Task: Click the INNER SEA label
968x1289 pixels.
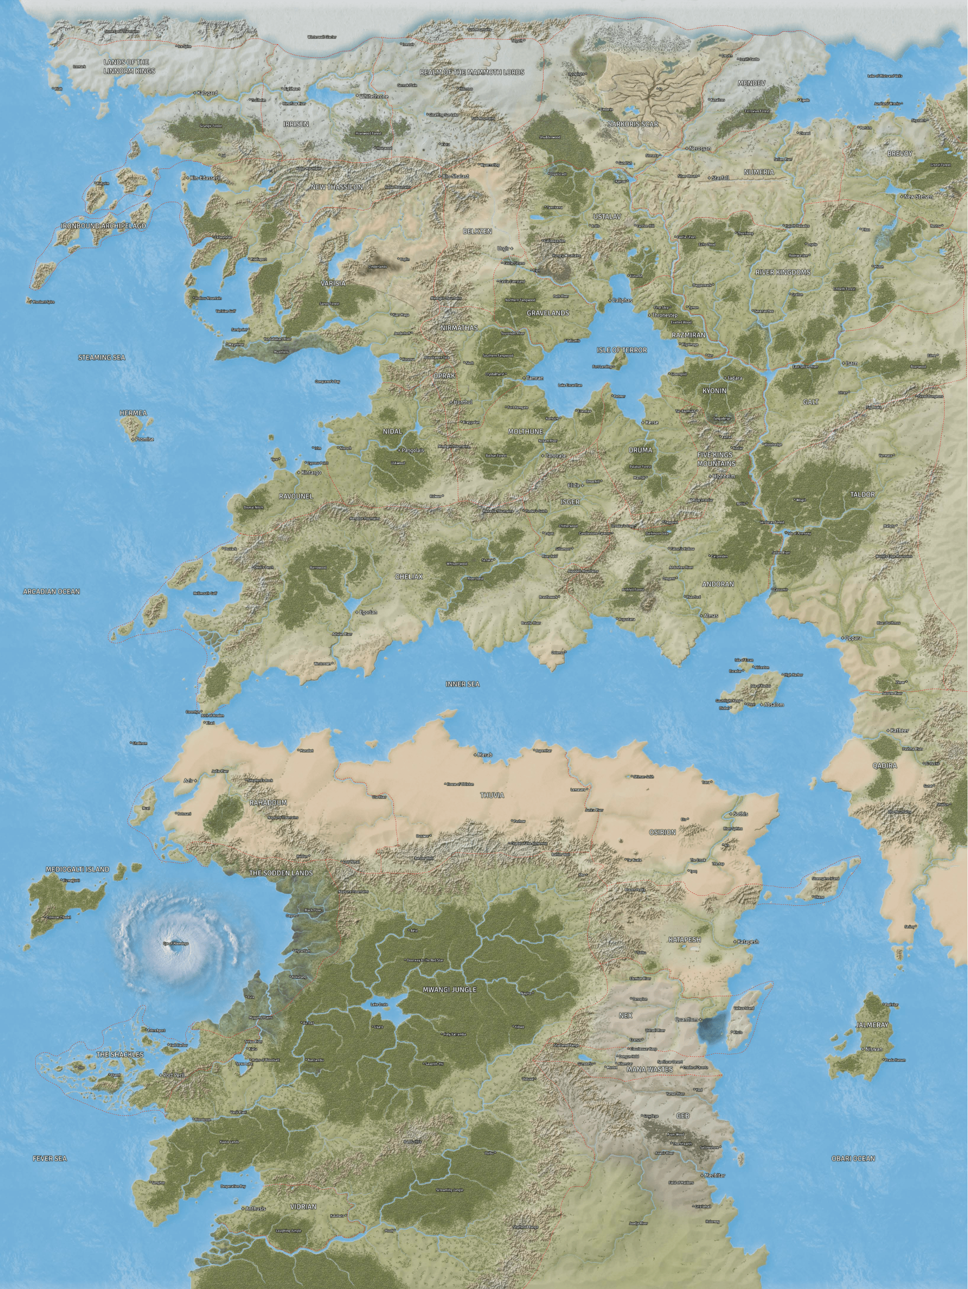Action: click(x=463, y=683)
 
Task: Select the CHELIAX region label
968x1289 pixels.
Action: click(x=408, y=576)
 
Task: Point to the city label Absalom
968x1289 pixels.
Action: click(x=773, y=705)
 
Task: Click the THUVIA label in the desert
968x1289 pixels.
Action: click(x=492, y=795)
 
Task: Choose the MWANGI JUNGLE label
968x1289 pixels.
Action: click(x=449, y=989)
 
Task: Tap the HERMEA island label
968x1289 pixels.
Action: click(x=133, y=413)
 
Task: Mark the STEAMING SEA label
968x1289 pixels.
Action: click(x=101, y=357)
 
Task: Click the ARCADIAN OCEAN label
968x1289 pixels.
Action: click(x=51, y=591)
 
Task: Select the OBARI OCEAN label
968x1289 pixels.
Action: click(x=853, y=1159)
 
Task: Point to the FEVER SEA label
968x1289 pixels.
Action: click(x=50, y=1159)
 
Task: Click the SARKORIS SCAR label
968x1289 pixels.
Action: click(x=632, y=124)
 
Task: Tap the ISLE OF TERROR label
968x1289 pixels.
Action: click(x=621, y=349)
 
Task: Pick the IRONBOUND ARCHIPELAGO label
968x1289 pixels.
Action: click(x=103, y=226)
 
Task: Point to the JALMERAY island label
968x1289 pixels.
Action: click(x=872, y=1024)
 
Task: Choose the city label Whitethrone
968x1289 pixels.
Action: click(x=374, y=96)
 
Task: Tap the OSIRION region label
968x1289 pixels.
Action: click(x=662, y=832)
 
